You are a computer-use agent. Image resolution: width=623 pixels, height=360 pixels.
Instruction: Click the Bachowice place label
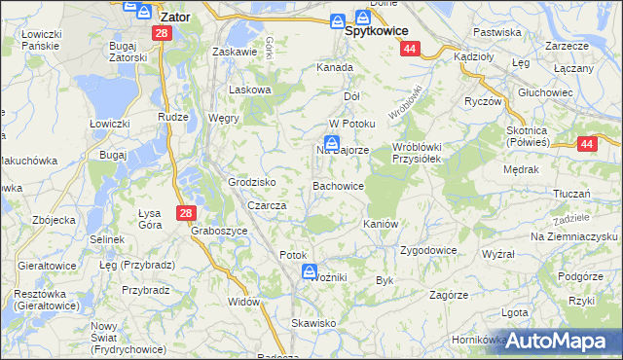338,185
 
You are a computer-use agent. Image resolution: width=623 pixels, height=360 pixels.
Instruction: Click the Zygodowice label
428,249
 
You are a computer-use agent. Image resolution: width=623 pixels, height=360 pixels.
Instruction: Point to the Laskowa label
248,90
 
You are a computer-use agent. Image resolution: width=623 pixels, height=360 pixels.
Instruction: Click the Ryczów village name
483,101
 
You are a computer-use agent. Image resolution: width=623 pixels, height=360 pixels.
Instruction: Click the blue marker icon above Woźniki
310,271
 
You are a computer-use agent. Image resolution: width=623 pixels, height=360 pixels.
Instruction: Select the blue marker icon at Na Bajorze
331,143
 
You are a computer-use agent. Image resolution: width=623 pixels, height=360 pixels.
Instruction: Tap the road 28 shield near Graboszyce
186,212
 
